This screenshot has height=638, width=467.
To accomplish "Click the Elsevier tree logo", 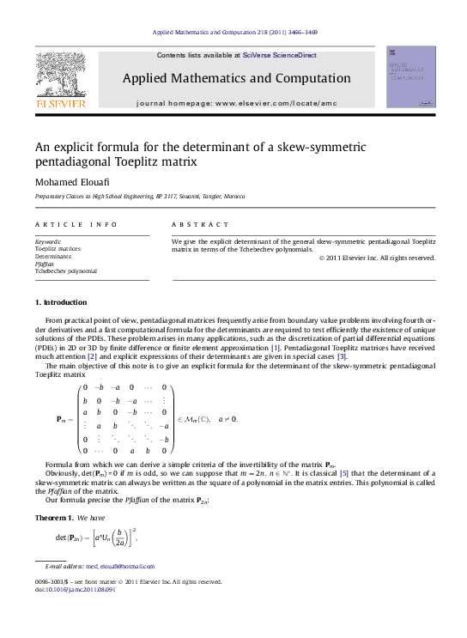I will pos(59,74).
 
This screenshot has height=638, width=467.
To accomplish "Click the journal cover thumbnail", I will pos(411,76).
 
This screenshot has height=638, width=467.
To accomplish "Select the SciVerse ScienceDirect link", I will pos(279,55).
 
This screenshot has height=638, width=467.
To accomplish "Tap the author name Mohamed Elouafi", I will pos(70,182).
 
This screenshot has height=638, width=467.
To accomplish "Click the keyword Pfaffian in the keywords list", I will pos(45,264).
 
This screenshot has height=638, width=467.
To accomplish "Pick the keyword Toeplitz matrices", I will pos(58,249).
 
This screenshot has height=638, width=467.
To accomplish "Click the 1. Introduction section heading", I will pos(60,302).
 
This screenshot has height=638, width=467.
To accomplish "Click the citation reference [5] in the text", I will pos(343,473).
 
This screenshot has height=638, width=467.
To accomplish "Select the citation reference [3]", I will pos(342,356).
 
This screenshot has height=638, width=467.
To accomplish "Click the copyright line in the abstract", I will pos(377,258).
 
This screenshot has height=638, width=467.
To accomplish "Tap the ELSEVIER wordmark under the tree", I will pos(59,103).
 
